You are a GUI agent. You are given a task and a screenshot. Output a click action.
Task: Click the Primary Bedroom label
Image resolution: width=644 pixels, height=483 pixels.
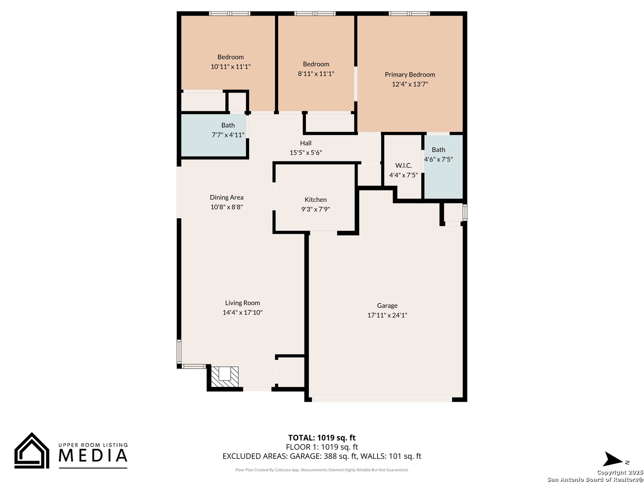pyautogui.click(x=410, y=75)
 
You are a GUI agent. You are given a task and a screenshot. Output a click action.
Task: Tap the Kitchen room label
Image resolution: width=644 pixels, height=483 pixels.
pyautogui.click(x=315, y=200)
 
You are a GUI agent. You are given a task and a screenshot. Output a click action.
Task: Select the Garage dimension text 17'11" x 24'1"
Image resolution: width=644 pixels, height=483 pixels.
pyautogui.click(x=387, y=315)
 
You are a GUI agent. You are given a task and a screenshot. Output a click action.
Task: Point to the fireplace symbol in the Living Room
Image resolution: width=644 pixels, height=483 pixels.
pyautogui.click(x=225, y=377)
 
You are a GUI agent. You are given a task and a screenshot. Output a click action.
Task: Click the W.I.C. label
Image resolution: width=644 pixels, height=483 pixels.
pyautogui.click(x=403, y=165)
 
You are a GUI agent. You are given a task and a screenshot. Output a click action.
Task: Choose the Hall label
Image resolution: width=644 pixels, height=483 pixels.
pyautogui.click(x=305, y=143)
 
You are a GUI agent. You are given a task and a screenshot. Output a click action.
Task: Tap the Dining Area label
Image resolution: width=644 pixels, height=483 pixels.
pyautogui.click(x=226, y=197)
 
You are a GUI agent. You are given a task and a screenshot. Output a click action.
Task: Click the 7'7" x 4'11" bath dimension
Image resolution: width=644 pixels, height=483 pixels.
pyautogui.click(x=228, y=135)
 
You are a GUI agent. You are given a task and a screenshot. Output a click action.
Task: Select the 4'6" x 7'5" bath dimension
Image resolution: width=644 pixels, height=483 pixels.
pyautogui.click(x=438, y=159)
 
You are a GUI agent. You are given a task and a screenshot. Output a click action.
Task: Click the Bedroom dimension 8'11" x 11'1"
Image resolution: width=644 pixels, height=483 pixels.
pyautogui.click(x=316, y=74)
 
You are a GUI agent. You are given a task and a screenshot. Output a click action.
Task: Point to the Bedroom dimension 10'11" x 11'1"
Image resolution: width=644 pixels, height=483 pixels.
pyautogui.click(x=230, y=67)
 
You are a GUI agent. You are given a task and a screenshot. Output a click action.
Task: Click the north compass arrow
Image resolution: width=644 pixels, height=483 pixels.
pyautogui.click(x=612, y=459)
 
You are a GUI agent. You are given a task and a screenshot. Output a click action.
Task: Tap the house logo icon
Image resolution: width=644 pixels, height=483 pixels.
pyautogui.click(x=32, y=450)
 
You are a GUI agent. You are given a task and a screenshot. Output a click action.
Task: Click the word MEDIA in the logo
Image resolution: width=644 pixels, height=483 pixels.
pyautogui.click(x=93, y=455)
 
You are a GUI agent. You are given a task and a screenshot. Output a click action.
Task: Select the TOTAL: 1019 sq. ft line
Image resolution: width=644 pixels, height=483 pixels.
pyautogui.click(x=322, y=438)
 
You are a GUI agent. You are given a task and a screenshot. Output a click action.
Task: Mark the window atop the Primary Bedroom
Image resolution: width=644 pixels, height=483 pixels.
pyautogui.click(x=409, y=13)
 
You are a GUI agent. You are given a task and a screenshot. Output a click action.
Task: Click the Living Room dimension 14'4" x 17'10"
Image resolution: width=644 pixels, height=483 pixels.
pyautogui.click(x=242, y=312)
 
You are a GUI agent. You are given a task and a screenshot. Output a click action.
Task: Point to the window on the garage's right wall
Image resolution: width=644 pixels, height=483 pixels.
pyautogui.click(x=465, y=212)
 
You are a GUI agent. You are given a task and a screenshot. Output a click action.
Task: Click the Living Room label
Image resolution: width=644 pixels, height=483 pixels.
pyautogui.click(x=242, y=303)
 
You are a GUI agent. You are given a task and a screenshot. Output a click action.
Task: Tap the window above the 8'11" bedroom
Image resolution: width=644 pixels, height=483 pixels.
pyautogui.click(x=315, y=13)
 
